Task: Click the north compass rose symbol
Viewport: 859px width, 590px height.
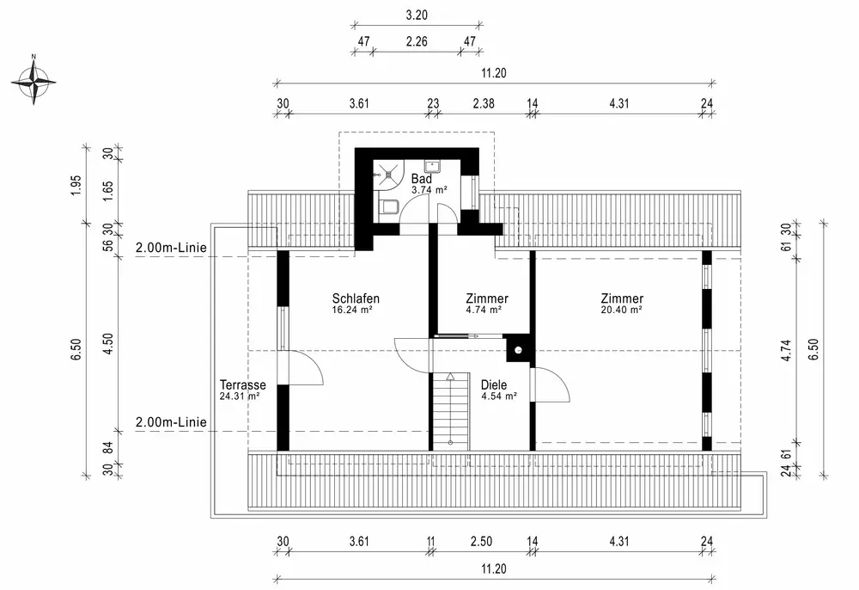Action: coord(34,82)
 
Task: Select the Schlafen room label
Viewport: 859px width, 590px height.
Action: coord(356,298)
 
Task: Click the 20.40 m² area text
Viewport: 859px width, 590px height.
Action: coord(622,310)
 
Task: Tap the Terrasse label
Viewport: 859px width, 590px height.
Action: coord(242,384)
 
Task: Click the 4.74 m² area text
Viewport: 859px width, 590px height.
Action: coord(484,310)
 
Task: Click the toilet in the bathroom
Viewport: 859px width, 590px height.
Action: coord(387,205)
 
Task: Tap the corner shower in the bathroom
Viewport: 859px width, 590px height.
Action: coord(386,171)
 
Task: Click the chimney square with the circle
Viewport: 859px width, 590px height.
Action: coord(517,347)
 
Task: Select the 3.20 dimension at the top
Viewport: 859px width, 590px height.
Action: coord(416,15)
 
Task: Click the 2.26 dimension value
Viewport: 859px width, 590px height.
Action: coord(416,41)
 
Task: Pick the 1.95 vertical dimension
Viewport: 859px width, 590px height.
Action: coord(76,185)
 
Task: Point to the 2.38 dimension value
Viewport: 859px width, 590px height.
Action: coord(483,104)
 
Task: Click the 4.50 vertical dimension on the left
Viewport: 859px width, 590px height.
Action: coord(107,344)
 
